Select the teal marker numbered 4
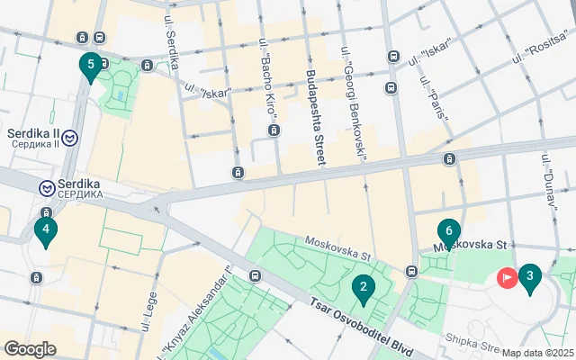45,230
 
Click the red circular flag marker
507,279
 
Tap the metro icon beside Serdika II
70,138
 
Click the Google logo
30,349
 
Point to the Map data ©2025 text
537,353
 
